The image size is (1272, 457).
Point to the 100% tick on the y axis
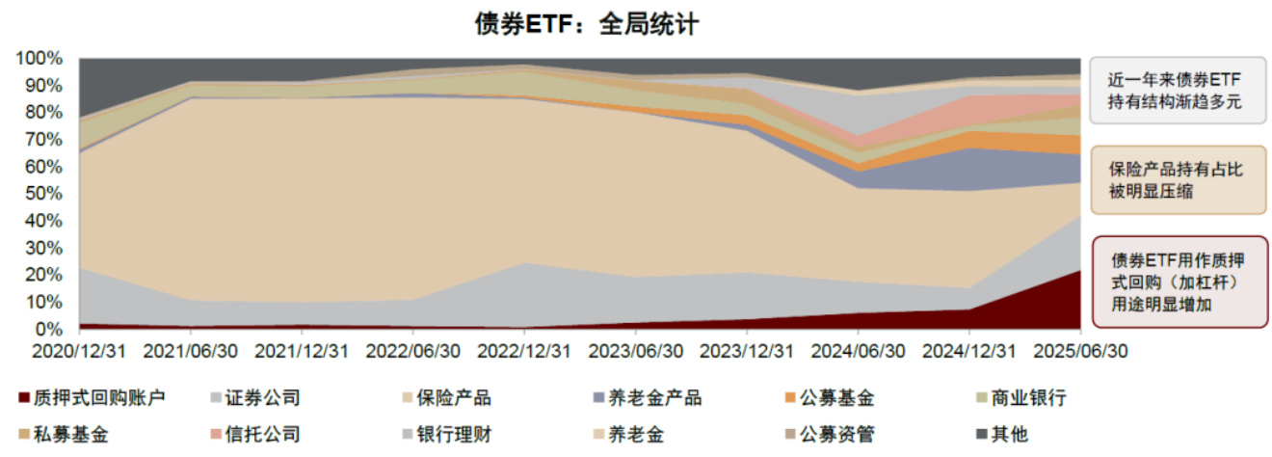coord(40,58)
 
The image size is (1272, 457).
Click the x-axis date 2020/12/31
coord(79,352)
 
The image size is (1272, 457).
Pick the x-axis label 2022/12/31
coord(524,352)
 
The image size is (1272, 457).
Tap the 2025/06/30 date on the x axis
coord(1079,352)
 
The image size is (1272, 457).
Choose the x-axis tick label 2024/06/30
coord(858,352)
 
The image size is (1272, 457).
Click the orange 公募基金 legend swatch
coord(790,398)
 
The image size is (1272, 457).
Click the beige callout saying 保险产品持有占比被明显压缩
coord(1178,179)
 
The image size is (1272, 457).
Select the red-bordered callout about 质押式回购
coord(1178,282)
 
